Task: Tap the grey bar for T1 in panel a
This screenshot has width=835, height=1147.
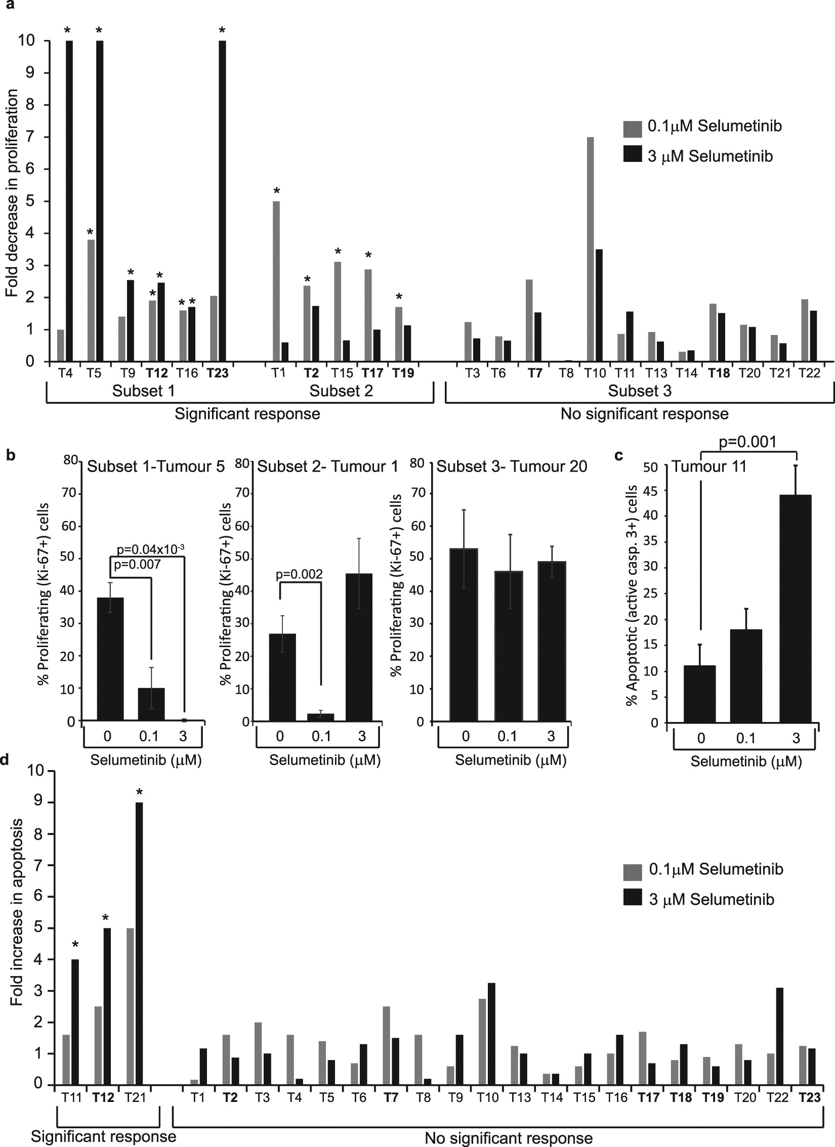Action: coord(276,281)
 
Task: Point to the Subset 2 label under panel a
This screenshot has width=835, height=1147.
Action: coord(341,391)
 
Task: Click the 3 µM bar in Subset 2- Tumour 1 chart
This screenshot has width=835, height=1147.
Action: coord(362,647)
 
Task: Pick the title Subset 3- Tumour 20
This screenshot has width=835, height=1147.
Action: coord(512,466)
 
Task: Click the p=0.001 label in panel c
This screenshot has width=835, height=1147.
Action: coord(747,442)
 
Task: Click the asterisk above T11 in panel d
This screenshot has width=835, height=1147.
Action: coord(75,945)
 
